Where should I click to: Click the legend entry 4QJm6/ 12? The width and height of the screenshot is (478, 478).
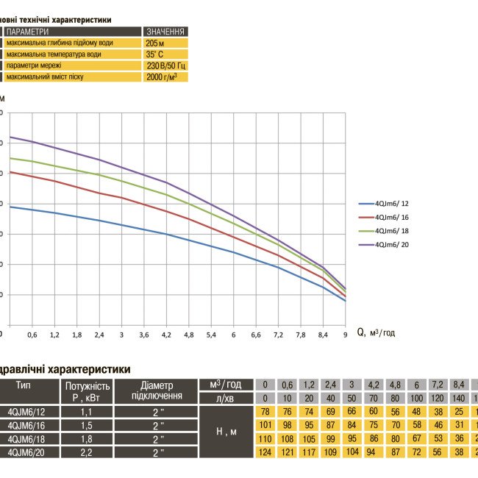393,203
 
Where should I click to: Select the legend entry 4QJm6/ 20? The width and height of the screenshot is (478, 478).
393,243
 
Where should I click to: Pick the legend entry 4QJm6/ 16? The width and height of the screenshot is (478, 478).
393,216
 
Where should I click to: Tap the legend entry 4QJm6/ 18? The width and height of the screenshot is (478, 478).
393,230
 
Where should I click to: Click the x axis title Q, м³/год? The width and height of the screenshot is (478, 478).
376,332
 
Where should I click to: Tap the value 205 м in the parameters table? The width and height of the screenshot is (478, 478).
157,43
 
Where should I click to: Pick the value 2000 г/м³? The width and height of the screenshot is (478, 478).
162,76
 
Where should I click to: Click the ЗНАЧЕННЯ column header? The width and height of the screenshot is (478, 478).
165,32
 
